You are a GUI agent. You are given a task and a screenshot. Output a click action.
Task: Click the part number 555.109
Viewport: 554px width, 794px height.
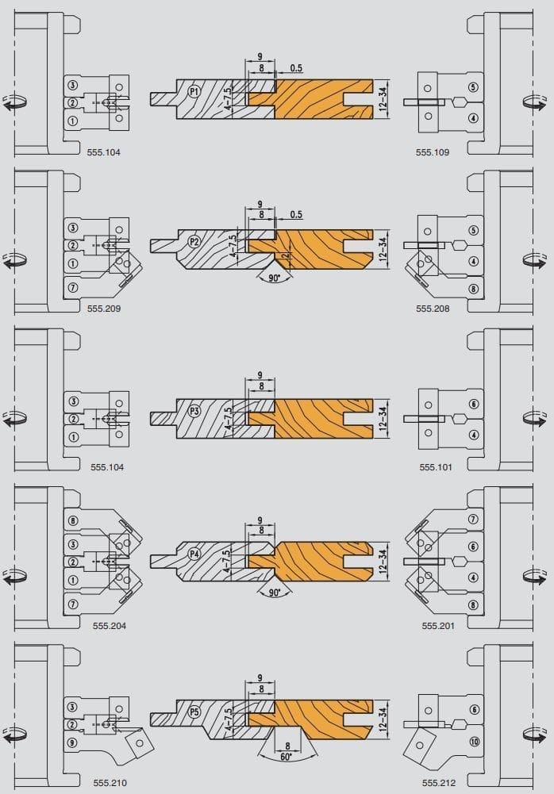click(x=433, y=152)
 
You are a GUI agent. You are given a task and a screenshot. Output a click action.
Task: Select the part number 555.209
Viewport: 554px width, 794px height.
click(x=104, y=309)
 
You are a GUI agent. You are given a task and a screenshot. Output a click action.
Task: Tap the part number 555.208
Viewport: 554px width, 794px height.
click(x=433, y=309)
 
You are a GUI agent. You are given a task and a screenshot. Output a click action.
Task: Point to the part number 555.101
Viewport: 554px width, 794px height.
click(x=436, y=467)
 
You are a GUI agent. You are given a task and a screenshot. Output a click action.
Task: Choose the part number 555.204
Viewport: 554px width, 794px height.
click(x=110, y=626)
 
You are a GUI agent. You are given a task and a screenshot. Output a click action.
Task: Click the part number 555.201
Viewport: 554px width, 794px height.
click(x=438, y=626)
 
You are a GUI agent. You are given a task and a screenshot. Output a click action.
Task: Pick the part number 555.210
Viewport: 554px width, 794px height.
click(x=110, y=783)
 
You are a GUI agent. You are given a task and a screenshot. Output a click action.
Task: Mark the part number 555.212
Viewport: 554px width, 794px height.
click(x=439, y=783)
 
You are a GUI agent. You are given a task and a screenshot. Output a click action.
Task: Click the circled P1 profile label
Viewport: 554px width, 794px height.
click(x=194, y=92)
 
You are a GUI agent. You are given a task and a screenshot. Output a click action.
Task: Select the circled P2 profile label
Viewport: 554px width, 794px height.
click(x=194, y=242)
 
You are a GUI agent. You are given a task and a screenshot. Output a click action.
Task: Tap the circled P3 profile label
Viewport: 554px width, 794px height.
click(x=194, y=411)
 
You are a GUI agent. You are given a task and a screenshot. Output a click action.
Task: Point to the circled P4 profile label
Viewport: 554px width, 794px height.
click(x=194, y=554)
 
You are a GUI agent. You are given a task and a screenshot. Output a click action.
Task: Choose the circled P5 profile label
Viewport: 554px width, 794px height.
click(x=194, y=712)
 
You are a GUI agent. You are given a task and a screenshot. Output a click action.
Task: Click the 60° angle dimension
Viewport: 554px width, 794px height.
click(x=286, y=758)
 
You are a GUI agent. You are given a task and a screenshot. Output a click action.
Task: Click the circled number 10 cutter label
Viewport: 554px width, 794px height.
click(x=475, y=742)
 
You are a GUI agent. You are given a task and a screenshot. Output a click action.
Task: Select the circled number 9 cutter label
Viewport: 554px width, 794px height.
click(x=72, y=742)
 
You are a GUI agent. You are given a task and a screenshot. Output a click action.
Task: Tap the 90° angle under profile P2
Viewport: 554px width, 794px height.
click(x=274, y=278)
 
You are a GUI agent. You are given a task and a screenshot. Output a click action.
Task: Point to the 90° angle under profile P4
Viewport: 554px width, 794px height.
click(x=274, y=593)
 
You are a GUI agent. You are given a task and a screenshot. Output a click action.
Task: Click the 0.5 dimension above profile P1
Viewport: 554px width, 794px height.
click(x=296, y=68)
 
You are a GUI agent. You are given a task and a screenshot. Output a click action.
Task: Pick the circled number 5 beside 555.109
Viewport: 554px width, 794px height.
click(x=473, y=87)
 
